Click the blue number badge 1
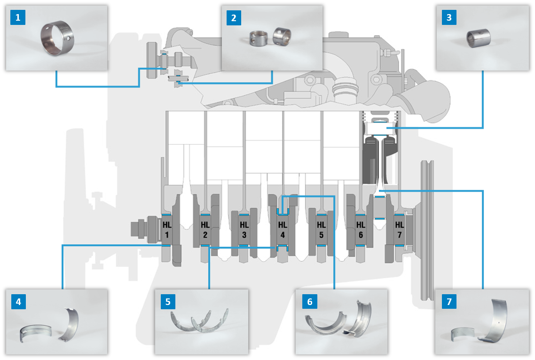point(18,18)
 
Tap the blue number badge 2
point(234,18)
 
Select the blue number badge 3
point(449,18)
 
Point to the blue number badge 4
point(18,301)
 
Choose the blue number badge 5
point(168,301)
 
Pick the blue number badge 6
point(309,301)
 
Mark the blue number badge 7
point(449,301)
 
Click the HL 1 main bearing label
point(167,230)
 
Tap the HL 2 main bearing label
point(205,230)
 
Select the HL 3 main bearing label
point(244,230)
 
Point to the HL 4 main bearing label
point(282,230)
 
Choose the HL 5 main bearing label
point(321,230)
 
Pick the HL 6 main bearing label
point(360,230)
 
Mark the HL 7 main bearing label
point(399,230)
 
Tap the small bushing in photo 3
point(478,38)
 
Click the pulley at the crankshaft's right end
point(427,230)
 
